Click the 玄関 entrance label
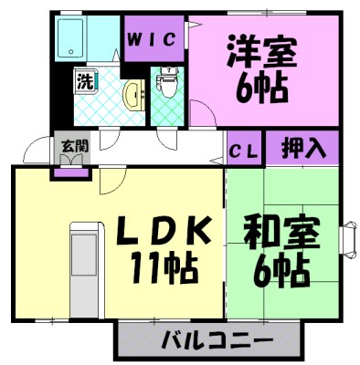click(70, 144)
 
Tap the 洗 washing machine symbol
click(83, 80)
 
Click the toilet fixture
click(167, 85)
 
